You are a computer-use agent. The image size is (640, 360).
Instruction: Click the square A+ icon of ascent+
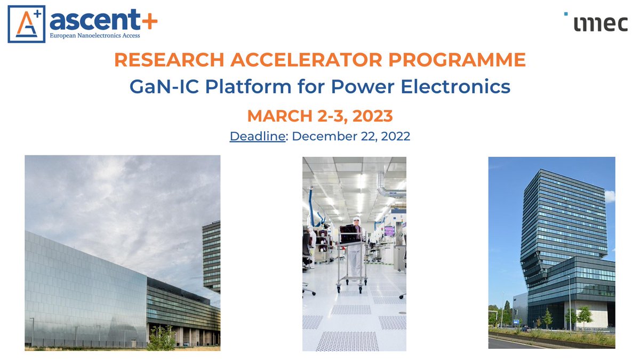(26, 25)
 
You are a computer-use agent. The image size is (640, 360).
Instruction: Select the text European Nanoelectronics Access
(94, 36)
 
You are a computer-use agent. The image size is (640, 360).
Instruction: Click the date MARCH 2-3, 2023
(320, 115)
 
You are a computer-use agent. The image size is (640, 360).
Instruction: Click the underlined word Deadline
(258, 136)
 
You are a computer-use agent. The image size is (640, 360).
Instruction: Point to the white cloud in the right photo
(610, 196)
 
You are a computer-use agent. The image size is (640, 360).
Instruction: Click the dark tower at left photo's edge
(212, 256)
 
